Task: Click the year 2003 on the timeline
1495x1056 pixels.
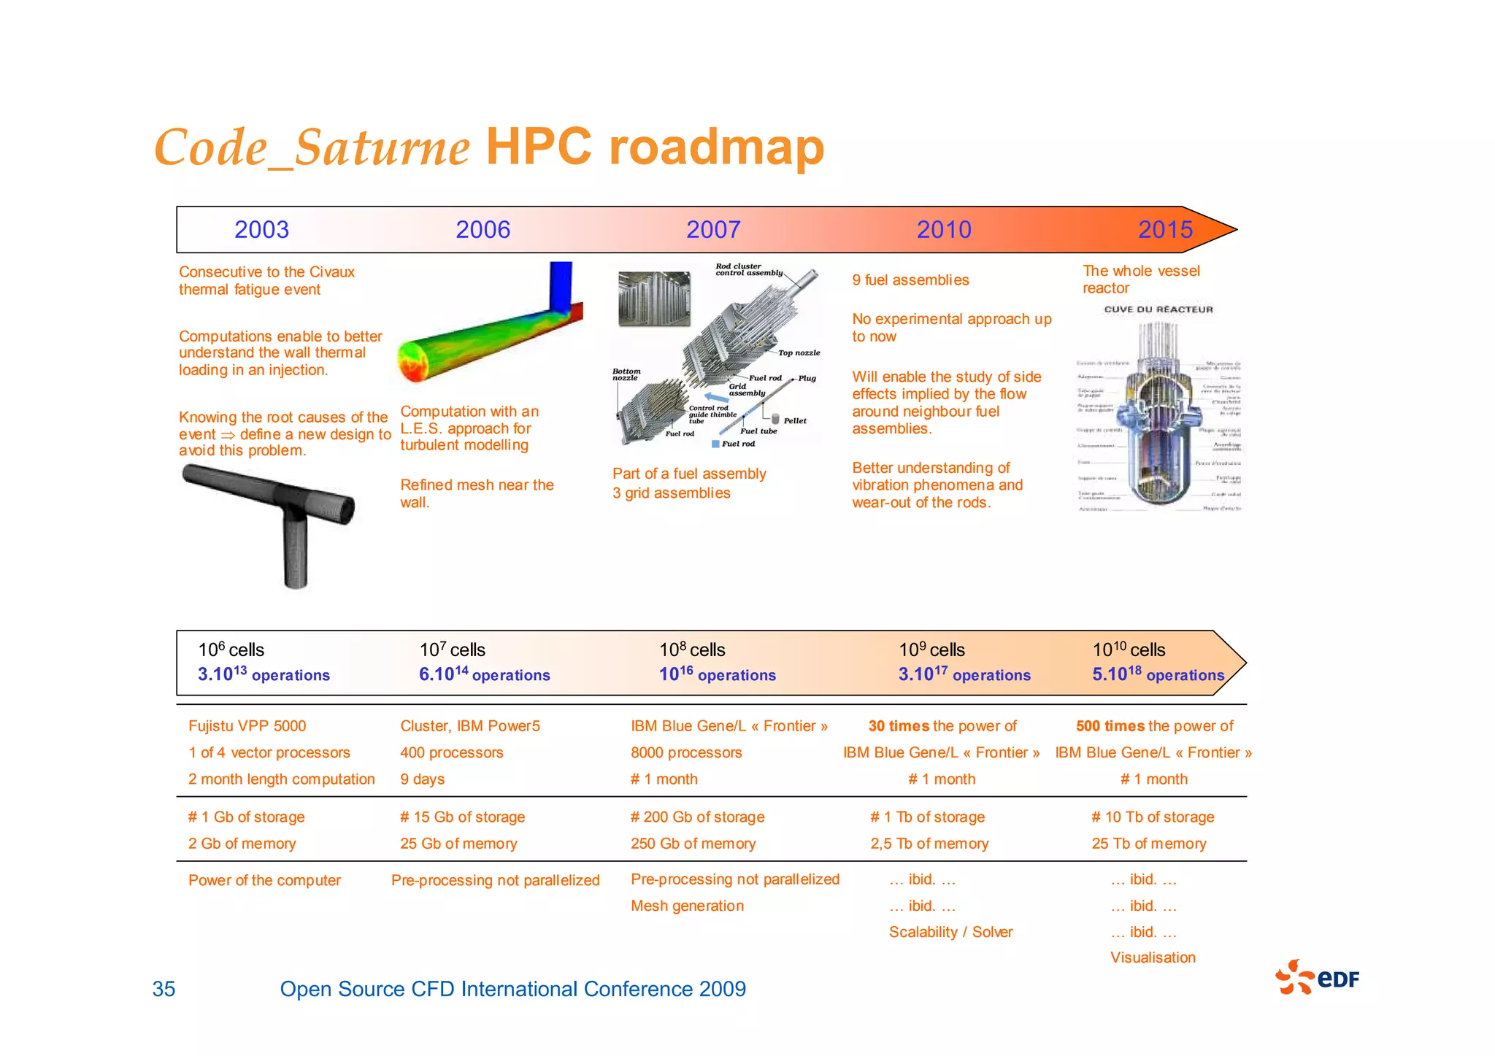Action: pyautogui.click(x=261, y=230)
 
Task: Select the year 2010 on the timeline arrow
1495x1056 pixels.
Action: pyautogui.click(x=944, y=230)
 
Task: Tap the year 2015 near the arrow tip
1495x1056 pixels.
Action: pyautogui.click(x=1165, y=230)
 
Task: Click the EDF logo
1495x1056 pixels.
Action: pyautogui.click(x=1318, y=978)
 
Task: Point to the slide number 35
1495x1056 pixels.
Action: pyautogui.click(x=164, y=989)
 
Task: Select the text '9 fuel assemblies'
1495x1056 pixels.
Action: pyautogui.click(x=910, y=280)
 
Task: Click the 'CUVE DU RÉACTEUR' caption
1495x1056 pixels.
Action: pyautogui.click(x=1158, y=309)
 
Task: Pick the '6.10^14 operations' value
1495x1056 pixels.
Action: pyautogui.click(x=484, y=674)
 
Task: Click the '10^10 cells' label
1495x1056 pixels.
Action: pyautogui.click(x=1129, y=650)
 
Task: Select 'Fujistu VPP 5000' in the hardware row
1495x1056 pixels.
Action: pyautogui.click(x=247, y=726)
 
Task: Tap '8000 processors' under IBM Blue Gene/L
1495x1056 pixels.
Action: pyautogui.click(x=686, y=752)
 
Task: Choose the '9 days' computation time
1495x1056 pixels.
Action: pyautogui.click(x=422, y=779)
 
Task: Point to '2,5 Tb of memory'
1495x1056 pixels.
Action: pyautogui.click(x=929, y=844)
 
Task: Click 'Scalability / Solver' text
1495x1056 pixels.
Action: pyautogui.click(x=950, y=932)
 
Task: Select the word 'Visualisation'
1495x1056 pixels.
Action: pyautogui.click(x=1153, y=957)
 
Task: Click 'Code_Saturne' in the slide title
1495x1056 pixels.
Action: pyautogui.click(x=312, y=148)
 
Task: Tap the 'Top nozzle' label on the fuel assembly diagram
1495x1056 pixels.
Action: pyautogui.click(x=799, y=353)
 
